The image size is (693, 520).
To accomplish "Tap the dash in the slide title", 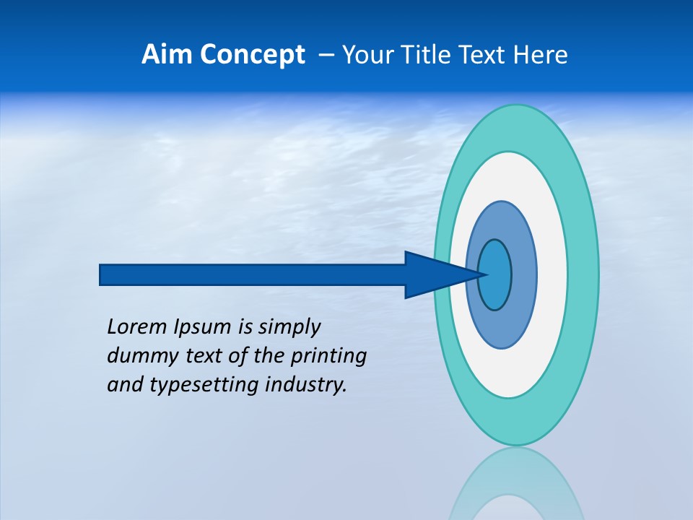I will [x=326, y=55].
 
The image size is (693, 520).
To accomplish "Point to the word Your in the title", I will [x=366, y=55].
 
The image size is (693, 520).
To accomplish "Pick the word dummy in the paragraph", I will [x=138, y=356].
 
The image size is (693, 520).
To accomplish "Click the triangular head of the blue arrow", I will [x=433, y=274].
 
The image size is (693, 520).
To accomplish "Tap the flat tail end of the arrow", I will [x=103, y=274].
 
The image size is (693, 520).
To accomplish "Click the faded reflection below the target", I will [x=516, y=484].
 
